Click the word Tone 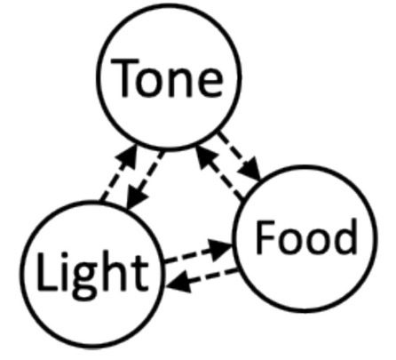click(166, 77)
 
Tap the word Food click(307, 236)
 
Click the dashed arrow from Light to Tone click(119, 172)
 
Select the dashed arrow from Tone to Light click(145, 180)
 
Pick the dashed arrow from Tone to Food click(239, 156)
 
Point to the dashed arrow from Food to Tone click(219, 172)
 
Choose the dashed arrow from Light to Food click(198, 252)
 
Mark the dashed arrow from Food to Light click(202, 278)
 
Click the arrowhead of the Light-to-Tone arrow click(129, 156)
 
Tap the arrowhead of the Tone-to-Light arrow click(136, 198)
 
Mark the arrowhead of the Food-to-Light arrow click(178, 282)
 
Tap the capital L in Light click(47, 270)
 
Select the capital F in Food click(266, 236)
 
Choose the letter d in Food click(345, 236)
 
